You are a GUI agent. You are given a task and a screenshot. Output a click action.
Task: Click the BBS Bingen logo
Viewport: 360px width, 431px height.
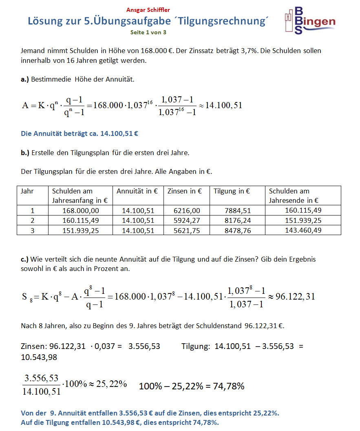tap(309, 20)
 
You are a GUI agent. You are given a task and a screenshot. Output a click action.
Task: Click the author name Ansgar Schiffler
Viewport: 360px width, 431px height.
tap(148, 10)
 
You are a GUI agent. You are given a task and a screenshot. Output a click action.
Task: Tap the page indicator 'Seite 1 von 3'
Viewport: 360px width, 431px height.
tap(148, 32)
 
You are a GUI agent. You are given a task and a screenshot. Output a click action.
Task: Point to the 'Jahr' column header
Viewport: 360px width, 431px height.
tap(27, 191)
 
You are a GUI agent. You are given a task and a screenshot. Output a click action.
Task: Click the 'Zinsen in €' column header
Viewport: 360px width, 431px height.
tap(185, 191)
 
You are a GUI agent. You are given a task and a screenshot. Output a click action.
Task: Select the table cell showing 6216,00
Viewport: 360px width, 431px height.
tap(187, 211)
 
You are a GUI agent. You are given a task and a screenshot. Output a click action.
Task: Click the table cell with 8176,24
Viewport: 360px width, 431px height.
tap(238, 220)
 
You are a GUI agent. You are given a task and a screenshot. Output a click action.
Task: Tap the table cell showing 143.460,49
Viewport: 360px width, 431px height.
tap(303, 230)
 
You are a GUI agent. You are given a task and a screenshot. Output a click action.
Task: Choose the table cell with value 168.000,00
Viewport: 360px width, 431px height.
tap(81, 211)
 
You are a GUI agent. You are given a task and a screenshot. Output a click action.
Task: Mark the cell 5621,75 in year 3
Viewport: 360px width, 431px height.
tap(187, 230)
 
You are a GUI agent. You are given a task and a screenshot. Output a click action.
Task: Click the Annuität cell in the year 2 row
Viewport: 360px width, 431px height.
tap(138, 220)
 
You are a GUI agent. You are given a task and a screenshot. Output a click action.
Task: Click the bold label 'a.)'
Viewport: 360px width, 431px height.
tap(25, 80)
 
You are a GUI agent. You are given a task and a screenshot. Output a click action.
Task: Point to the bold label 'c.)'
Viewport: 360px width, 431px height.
tap(25, 259)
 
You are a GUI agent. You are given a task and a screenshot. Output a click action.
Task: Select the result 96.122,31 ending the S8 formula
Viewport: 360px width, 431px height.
tap(295, 296)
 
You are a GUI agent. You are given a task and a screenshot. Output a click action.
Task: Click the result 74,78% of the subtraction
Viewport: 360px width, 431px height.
tap(230, 386)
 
